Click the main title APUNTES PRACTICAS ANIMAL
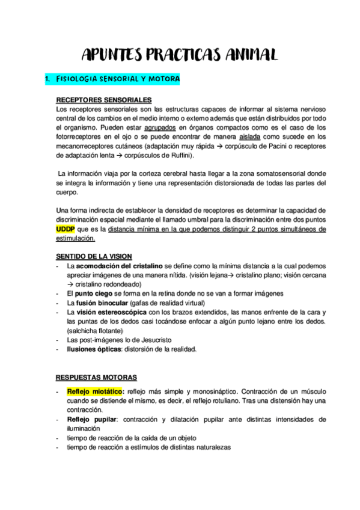tap(179, 55)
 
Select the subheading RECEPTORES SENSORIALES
tap(103, 100)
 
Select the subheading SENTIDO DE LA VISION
tap(94, 257)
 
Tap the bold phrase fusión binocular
tap(102, 303)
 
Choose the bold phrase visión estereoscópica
tap(112, 312)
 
